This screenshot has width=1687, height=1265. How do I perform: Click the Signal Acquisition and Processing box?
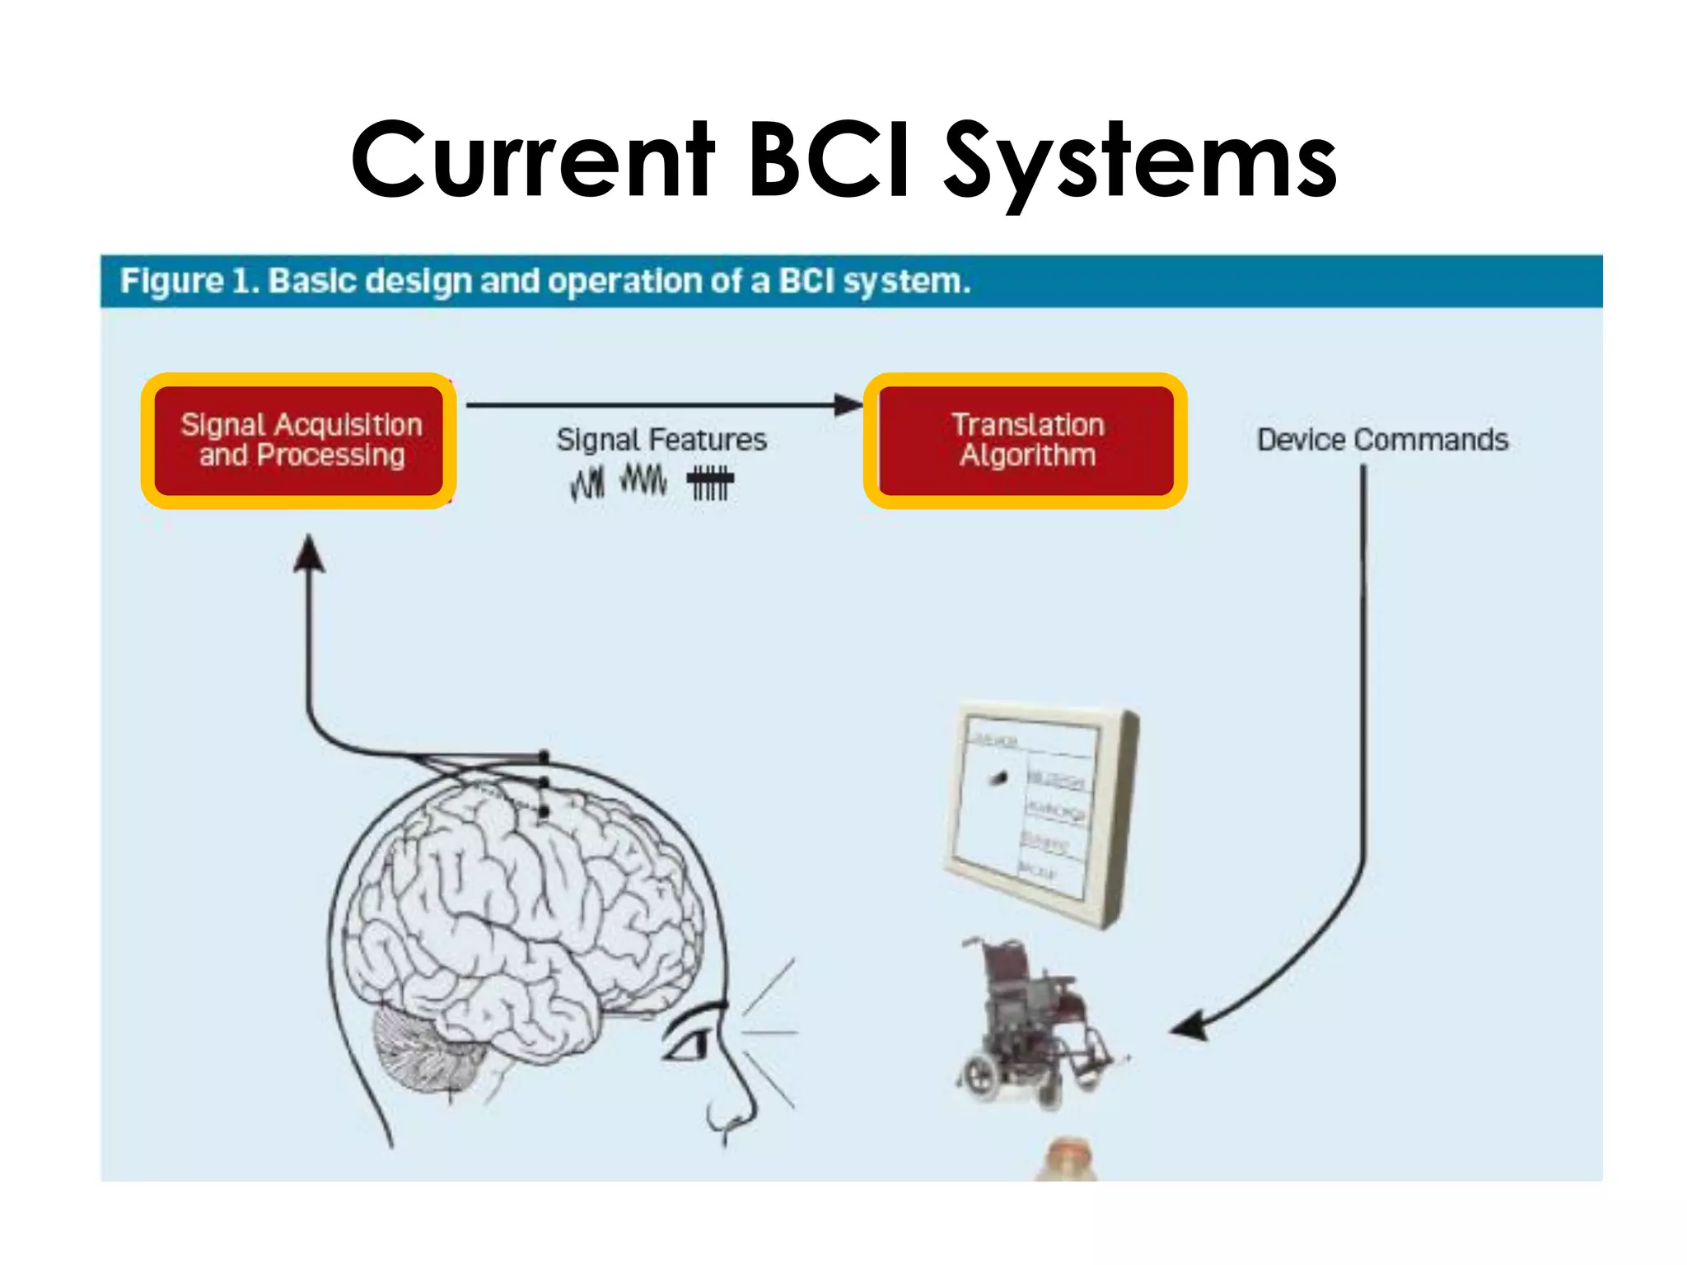point(300,441)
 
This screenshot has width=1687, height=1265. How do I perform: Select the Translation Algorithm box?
point(1026,441)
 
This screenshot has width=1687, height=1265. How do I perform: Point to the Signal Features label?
point(661,440)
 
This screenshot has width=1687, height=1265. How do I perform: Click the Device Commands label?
point(1382,440)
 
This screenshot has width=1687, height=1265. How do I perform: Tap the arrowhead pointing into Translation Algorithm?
point(848,404)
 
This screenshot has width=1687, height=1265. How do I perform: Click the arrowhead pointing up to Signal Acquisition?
point(309,553)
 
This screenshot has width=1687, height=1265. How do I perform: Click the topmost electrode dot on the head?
point(544,755)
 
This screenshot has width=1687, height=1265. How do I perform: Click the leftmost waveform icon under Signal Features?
point(587,483)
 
